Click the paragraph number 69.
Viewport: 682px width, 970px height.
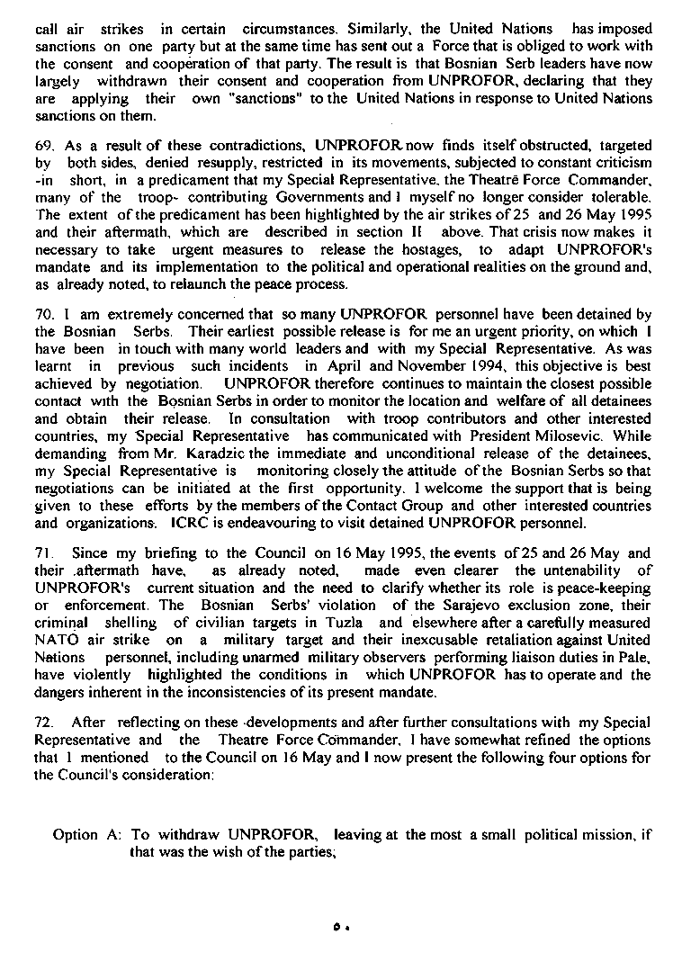tap(44, 145)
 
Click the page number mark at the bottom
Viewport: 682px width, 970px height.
tap(338, 927)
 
